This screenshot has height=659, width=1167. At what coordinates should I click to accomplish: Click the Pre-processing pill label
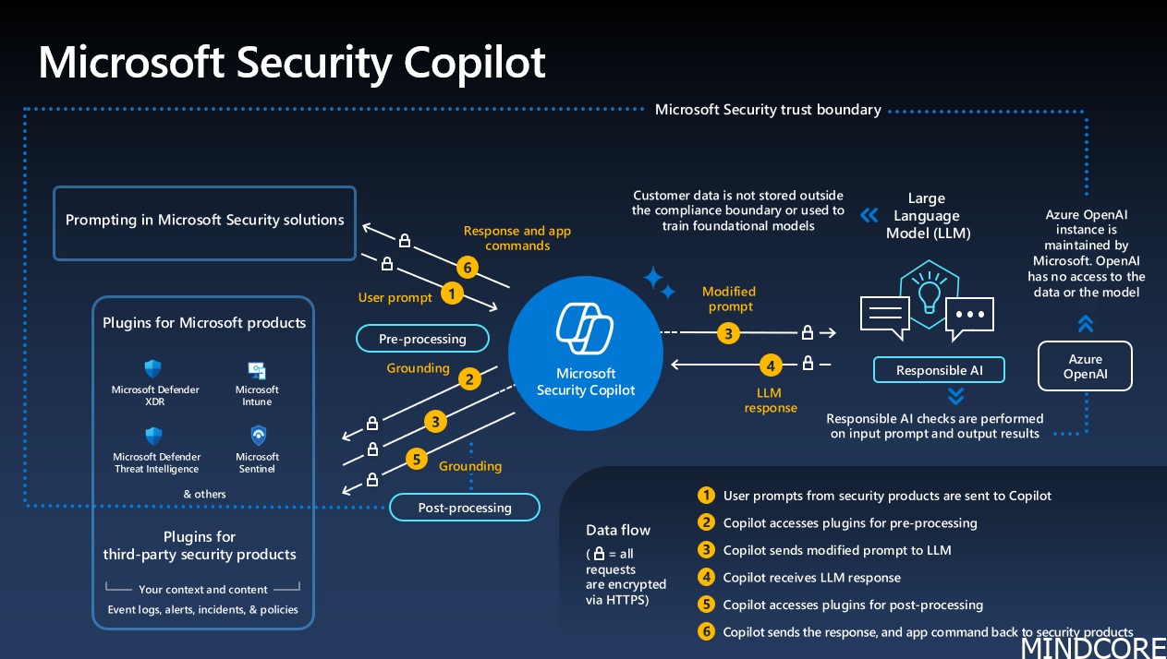tap(423, 339)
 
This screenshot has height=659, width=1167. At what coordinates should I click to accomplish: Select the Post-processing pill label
tap(464, 508)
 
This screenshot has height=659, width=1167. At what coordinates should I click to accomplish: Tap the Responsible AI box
tap(939, 370)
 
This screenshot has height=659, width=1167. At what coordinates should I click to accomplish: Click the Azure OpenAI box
tap(1085, 366)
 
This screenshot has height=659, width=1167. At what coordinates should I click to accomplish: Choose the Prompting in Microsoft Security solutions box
tap(204, 221)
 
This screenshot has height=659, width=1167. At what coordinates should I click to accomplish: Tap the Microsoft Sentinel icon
tap(258, 436)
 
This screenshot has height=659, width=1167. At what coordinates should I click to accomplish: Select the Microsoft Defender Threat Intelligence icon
tap(154, 436)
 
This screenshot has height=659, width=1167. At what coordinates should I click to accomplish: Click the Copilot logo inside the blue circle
tap(586, 328)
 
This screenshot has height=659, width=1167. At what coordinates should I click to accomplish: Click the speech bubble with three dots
tap(970, 314)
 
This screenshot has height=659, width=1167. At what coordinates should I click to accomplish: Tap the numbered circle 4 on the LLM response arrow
tap(771, 365)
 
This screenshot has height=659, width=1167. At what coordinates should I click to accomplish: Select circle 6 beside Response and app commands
tap(468, 268)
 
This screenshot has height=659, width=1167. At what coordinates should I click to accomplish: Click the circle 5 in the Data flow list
tap(706, 605)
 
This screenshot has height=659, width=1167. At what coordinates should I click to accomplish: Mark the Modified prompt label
tap(729, 299)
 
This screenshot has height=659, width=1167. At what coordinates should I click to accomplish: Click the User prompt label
tap(395, 297)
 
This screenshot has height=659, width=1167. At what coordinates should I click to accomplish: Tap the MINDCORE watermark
tap(1092, 647)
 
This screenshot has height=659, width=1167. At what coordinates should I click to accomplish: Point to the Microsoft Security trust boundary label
tap(768, 110)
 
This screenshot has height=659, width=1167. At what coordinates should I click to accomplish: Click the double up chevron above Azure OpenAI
tap(1086, 324)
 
